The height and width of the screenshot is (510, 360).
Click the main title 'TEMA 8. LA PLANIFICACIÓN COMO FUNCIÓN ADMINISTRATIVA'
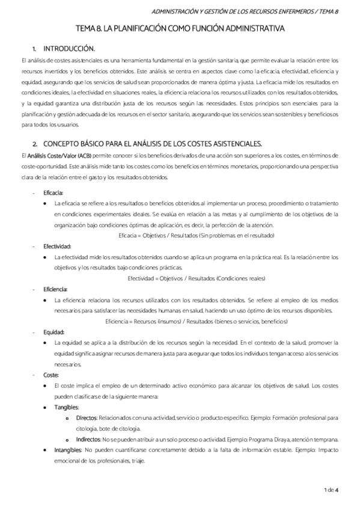[x=180, y=28]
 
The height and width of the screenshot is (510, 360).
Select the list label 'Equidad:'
[x=54, y=331]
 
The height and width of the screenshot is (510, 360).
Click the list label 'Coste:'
[x=51, y=375]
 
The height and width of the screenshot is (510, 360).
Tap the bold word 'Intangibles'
[x=69, y=450]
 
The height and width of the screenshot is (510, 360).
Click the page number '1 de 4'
[x=331, y=490]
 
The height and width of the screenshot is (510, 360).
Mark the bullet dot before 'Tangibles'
[x=46, y=407]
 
